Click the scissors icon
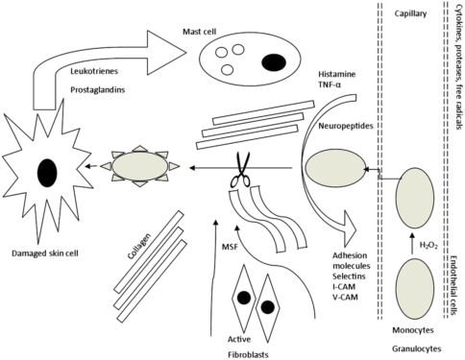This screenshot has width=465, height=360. (241, 170)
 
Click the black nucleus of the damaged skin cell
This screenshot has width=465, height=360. (47, 173)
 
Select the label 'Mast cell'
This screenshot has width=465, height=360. (200, 32)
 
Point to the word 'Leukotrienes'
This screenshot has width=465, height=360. (94, 71)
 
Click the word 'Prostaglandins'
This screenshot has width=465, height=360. (98, 90)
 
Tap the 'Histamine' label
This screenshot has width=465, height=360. (337, 74)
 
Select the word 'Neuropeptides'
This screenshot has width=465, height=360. (346, 126)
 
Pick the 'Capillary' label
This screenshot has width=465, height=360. (410, 13)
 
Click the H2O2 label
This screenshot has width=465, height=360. (428, 246)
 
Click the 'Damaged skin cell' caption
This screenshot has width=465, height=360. (45, 253)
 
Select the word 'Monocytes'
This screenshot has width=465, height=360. (413, 330)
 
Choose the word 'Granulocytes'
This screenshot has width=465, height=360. (417, 348)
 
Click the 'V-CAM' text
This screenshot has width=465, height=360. (345, 297)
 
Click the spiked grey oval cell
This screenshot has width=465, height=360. (140, 166)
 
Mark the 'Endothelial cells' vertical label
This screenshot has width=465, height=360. (454, 285)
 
